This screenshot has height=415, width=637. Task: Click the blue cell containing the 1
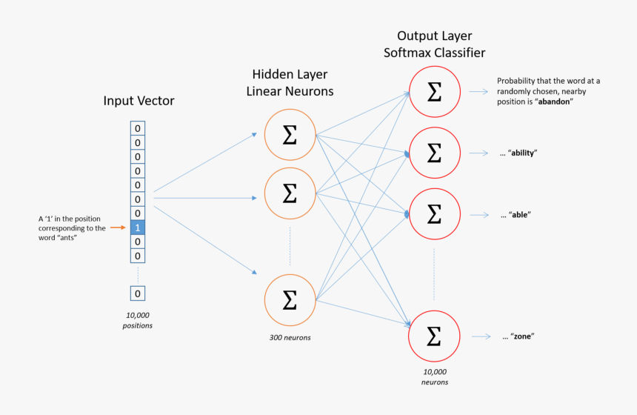[x=137, y=228]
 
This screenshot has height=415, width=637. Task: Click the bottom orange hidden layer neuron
[x=290, y=299]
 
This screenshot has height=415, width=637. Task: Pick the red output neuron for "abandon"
[x=434, y=92]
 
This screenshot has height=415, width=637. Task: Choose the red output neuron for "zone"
[x=434, y=336]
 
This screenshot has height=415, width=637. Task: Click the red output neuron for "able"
[x=434, y=214]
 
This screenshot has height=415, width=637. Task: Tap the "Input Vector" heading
[x=139, y=101]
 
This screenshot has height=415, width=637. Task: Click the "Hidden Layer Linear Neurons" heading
[x=290, y=83]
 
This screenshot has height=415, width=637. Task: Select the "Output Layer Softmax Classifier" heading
[x=434, y=44]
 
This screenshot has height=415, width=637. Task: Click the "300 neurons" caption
[x=290, y=337]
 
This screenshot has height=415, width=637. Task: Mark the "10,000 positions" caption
[x=137, y=320]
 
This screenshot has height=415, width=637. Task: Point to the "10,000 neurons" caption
[x=434, y=376]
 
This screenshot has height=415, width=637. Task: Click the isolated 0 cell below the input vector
[x=137, y=293]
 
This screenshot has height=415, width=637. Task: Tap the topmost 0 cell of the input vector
[x=137, y=128]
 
